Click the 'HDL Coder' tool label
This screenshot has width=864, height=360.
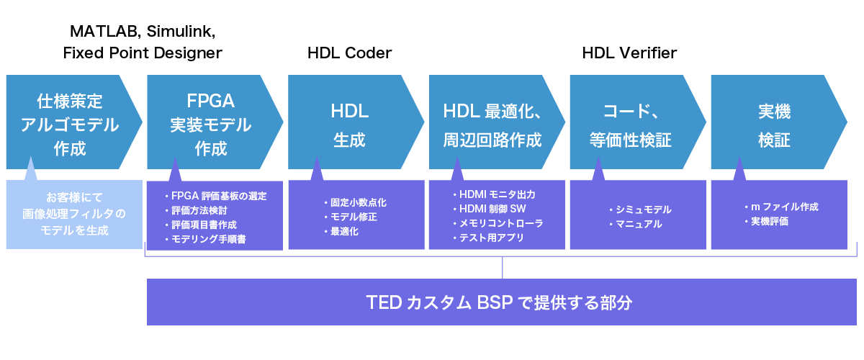point(349,53)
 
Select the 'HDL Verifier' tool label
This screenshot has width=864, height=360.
point(629,53)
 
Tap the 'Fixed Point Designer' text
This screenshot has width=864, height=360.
point(143,53)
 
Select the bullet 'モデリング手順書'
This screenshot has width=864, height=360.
point(208,239)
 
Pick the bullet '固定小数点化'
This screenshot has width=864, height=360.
point(356,202)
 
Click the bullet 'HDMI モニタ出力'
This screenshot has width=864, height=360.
point(497,194)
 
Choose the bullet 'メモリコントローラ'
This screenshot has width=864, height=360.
point(500,223)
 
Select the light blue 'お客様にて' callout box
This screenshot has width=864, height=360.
point(74,213)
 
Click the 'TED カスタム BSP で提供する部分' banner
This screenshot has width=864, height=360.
point(502,302)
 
